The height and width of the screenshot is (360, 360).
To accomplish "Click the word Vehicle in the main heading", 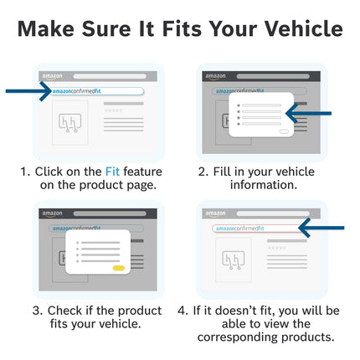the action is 304,28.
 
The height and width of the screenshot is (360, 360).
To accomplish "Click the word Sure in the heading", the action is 106,28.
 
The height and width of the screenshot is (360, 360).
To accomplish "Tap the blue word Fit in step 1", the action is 112,172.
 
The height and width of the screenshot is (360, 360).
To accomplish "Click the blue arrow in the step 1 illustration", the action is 28,91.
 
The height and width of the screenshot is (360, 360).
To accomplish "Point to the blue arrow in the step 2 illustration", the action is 308,113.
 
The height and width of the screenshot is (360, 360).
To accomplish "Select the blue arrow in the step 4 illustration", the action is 321,228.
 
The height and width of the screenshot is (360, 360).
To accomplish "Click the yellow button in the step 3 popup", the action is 119,268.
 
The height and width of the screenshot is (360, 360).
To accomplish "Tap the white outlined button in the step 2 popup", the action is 284,131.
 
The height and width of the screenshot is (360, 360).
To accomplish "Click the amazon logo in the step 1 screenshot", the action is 52,76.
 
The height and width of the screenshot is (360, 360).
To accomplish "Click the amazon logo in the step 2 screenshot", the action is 215,76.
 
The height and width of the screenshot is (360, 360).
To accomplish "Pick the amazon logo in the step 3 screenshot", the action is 52,213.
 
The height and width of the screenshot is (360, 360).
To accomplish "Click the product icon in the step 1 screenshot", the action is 69,123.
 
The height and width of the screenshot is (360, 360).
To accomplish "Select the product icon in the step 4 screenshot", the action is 234,260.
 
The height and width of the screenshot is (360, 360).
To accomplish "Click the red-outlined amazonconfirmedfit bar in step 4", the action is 258,229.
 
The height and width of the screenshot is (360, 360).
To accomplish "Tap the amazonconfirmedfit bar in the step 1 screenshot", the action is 97,91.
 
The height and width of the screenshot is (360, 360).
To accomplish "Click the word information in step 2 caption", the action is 264,185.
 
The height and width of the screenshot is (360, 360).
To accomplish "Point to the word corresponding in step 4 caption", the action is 238,337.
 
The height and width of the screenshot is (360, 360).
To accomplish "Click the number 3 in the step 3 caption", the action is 37,311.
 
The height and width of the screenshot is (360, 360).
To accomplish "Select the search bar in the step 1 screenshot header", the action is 110,76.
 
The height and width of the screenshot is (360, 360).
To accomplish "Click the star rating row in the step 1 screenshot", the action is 113,111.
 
